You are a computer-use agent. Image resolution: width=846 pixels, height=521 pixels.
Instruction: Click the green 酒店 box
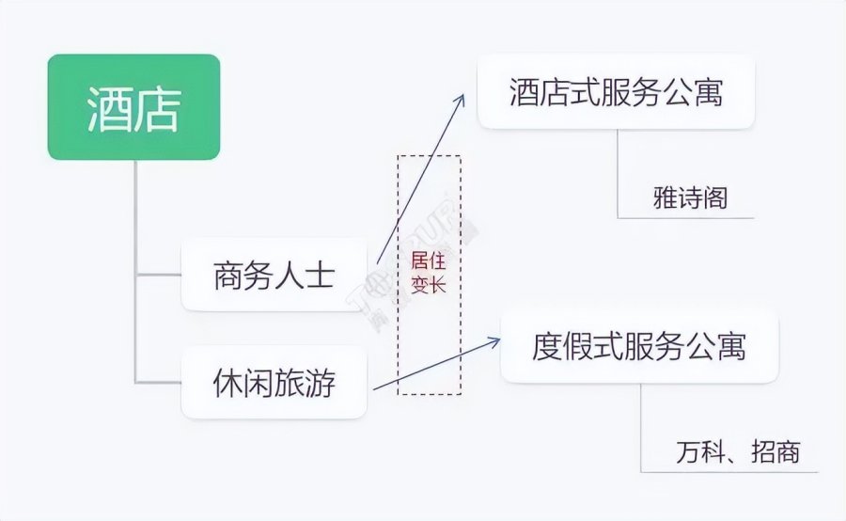click(133, 107)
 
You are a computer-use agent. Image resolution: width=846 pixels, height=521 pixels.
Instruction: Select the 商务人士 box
click(274, 275)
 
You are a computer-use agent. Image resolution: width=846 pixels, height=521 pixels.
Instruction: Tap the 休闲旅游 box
click(274, 383)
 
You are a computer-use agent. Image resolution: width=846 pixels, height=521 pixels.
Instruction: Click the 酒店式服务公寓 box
click(616, 92)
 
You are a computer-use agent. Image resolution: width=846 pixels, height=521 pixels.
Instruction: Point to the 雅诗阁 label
click(690, 198)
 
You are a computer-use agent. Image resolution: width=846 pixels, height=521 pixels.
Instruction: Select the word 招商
click(775, 452)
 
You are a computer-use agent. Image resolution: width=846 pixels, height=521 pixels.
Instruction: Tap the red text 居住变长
click(429, 274)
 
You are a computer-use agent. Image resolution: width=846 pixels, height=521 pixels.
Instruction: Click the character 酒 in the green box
click(107, 108)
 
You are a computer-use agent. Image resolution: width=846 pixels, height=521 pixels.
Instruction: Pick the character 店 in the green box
click(158, 108)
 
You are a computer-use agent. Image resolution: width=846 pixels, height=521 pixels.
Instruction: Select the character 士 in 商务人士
click(320, 276)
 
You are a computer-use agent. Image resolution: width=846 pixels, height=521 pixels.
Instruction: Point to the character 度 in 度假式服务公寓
click(547, 345)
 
